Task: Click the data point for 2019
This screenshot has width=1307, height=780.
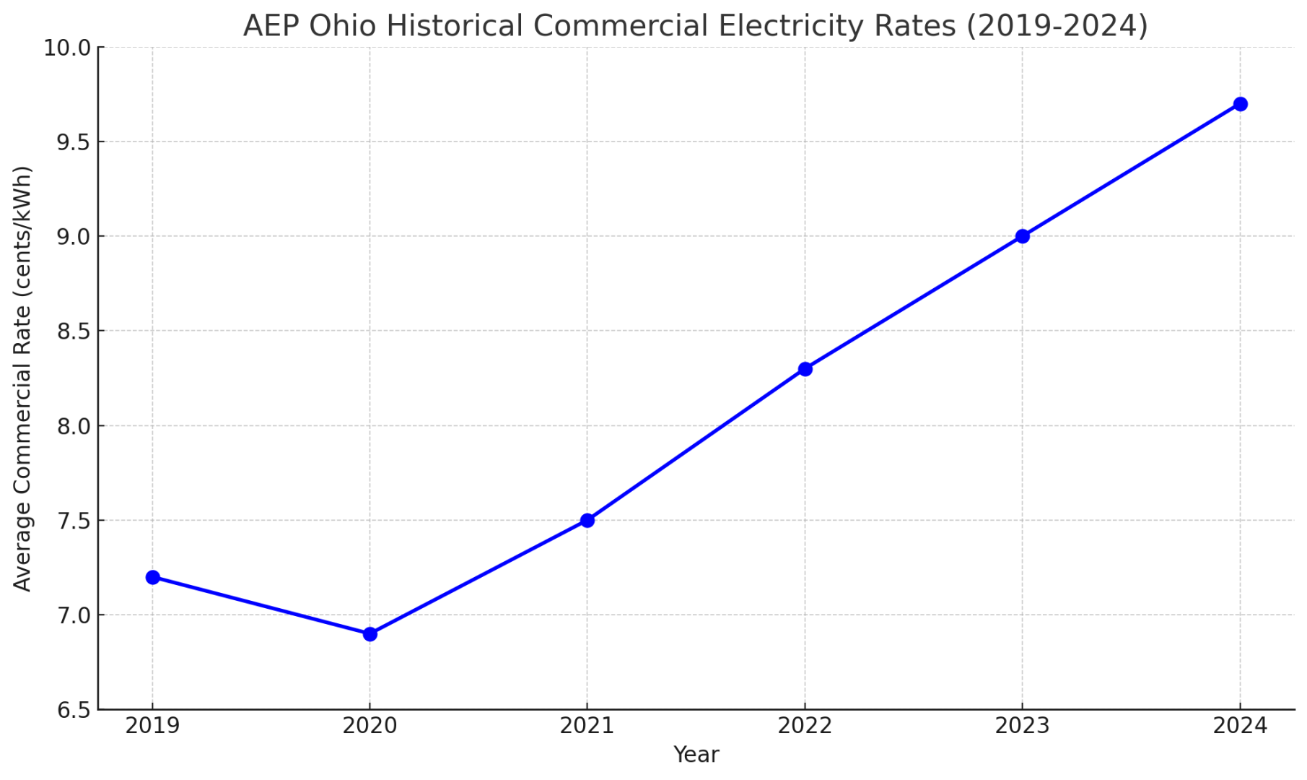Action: point(152,577)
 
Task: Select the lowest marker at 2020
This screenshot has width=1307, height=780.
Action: point(370,634)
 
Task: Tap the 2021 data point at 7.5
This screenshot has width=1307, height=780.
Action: point(587,520)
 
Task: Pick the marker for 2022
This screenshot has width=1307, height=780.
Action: point(805,369)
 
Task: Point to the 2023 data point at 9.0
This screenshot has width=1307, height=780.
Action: point(1022,236)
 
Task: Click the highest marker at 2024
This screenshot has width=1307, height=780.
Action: point(1240,104)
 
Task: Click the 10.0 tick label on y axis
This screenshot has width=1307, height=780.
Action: point(66,48)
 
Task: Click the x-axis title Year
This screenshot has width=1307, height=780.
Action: point(696,755)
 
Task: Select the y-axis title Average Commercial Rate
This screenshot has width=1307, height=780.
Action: point(22,378)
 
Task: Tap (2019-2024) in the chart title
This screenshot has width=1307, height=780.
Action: point(1057,26)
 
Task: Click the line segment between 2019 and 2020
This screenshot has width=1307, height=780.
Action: point(261,605)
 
